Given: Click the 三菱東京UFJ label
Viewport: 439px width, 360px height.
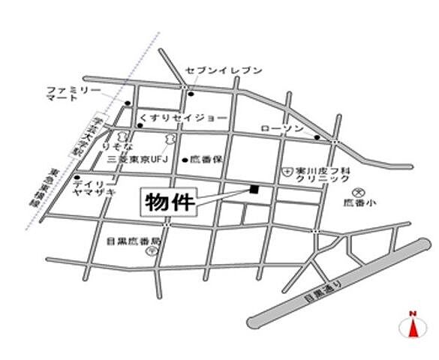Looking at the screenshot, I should click(140, 160).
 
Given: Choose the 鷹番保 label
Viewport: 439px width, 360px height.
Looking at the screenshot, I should click(206, 160).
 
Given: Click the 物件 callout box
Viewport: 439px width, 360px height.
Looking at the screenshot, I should click(169, 202).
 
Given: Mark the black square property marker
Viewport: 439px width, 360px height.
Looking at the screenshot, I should click(254, 188).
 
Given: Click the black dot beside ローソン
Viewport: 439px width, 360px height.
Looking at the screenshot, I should click(317, 137).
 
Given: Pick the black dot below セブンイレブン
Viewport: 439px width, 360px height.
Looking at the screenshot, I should click(191, 94).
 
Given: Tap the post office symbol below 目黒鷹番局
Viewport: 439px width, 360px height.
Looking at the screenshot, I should click(151, 253).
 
